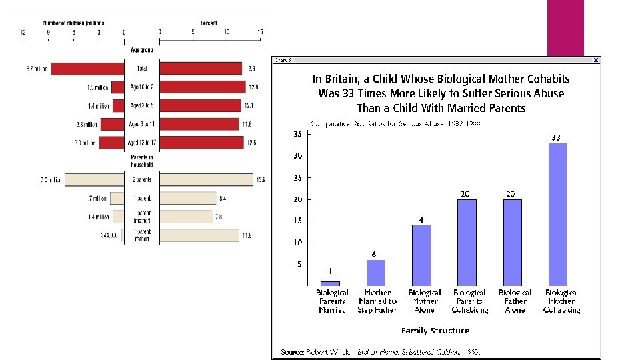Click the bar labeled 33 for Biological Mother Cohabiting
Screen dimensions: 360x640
point(557,214)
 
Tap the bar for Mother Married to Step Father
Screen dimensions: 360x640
point(376,273)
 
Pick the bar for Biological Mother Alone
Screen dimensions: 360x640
point(421,255)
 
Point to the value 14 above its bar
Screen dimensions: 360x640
point(420,220)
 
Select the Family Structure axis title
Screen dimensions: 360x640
point(435,331)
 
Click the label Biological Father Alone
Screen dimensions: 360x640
point(515,301)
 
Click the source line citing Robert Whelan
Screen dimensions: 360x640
point(380,351)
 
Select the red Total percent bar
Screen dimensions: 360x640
point(201,69)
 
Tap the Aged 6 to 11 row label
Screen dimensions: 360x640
point(142,124)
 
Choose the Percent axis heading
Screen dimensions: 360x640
point(209,23)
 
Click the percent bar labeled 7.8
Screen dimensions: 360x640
point(187,217)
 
